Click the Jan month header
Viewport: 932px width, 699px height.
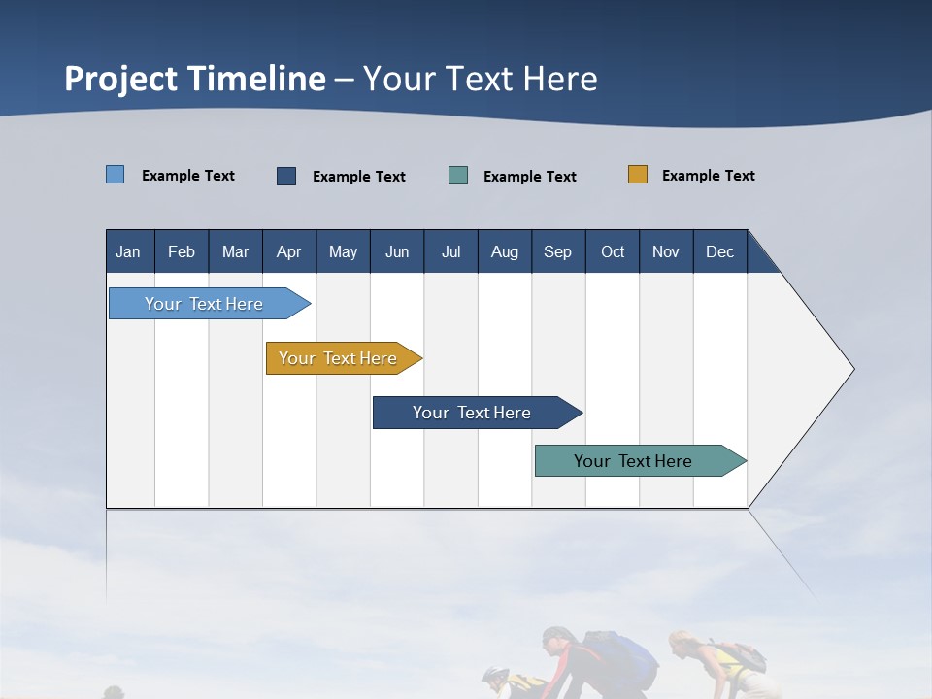pyautogui.click(x=128, y=252)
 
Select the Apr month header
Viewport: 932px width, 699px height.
pyautogui.click(x=288, y=252)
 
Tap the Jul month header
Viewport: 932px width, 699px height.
pyautogui.click(x=450, y=252)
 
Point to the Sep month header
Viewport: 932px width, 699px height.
pyautogui.click(x=557, y=252)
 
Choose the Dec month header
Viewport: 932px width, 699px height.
pyautogui.click(x=719, y=252)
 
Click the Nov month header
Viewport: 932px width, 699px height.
pyautogui.click(x=665, y=252)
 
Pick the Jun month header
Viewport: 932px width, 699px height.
pyautogui.click(x=396, y=252)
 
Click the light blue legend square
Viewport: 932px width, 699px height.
pyautogui.click(x=115, y=175)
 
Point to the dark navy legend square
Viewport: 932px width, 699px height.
pyautogui.click(x=286, y=176)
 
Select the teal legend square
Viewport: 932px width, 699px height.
pyautogui.click(x=458, y=176)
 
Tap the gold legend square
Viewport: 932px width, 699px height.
pyautogui.click(x=637, y=175)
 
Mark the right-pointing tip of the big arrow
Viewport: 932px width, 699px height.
pyautogui.click(x=852, y=369)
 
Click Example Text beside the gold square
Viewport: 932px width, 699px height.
pyautogui.click(x=708, y=176)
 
